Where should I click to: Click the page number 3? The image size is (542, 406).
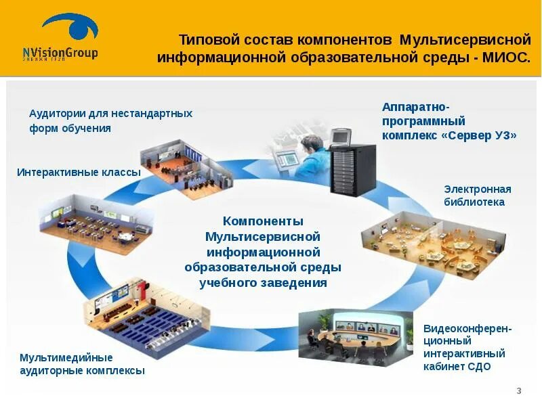pyautogui.click(x=519, y=391)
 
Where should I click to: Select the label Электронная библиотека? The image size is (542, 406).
pyautogui.click(x=477, y=196)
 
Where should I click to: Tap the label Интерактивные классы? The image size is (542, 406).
pyautogui.click(x=79, y=173)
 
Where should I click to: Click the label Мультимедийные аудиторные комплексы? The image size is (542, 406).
pyautogui.click(x=82, y=364)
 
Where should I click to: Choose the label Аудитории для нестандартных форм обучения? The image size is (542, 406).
pyautogui.click(x=110, y=120)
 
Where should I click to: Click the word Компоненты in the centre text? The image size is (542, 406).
pyautogui.click(x=263, y=221)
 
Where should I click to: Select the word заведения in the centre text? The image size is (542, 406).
pyautogui.click(x=295, y=283)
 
